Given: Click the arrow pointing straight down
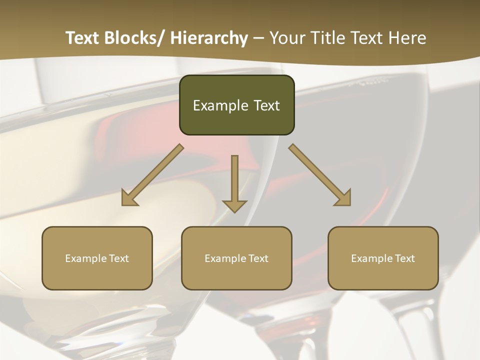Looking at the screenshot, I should click(234, 180).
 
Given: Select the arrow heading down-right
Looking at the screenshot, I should click(320, 175).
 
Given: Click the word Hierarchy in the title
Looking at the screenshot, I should click(208, 38).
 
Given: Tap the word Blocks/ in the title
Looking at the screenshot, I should click(134, 38).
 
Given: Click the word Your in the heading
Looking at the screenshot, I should click(286, 38).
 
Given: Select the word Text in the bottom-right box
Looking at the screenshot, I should click(404, 258).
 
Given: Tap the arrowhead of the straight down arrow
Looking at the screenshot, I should click(234, 205).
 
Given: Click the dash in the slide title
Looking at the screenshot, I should click(258, 38).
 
